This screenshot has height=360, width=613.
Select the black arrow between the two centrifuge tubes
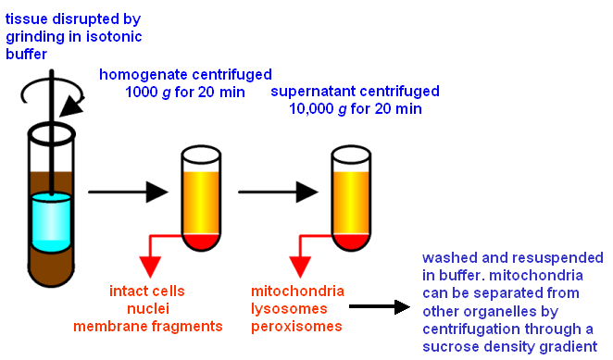pos(279,192)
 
